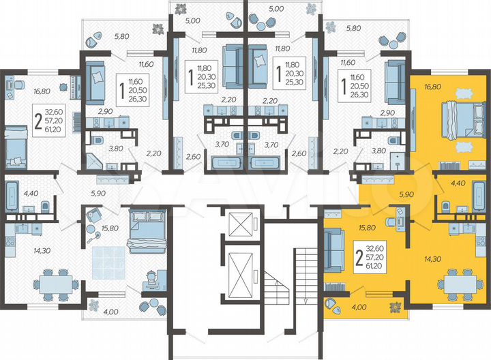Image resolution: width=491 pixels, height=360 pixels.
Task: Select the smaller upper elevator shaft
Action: [240, 224]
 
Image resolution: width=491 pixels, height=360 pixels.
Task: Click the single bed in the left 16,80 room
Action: [16, 147]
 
